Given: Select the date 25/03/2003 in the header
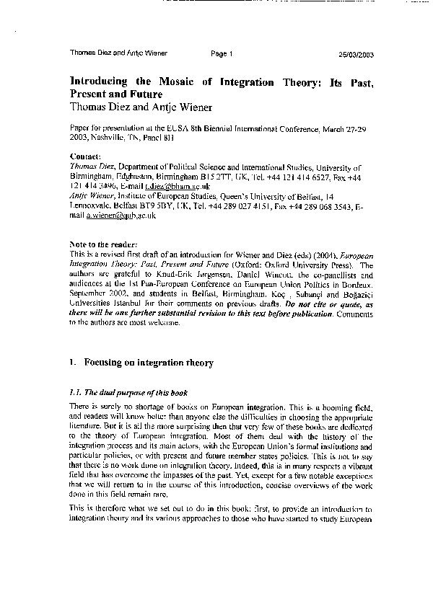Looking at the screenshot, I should pyautogui.click(x=355, y=53).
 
